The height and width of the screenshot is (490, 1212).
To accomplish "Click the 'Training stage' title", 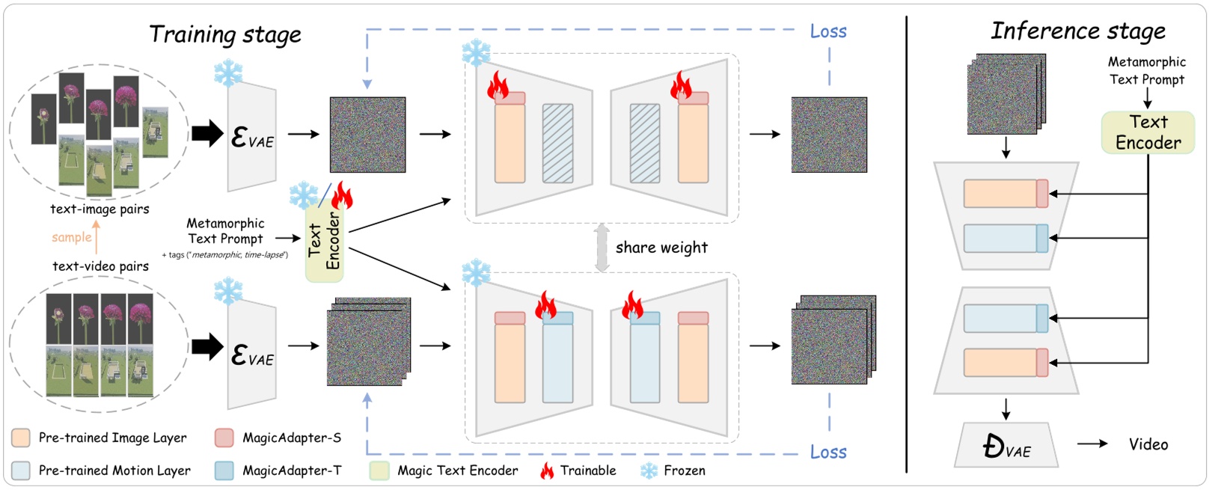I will pos(224,34).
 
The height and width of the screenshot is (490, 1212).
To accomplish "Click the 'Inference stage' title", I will pos(1077,31).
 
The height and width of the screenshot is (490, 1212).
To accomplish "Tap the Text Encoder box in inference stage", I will pos(1148,132).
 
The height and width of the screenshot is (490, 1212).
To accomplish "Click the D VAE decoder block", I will pos(1006,446).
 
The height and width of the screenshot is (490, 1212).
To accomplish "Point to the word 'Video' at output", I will pos(1148,444).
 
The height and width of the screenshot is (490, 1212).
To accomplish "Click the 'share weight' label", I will pos(661,248).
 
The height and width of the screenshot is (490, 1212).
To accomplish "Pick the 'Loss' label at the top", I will pos(828,31).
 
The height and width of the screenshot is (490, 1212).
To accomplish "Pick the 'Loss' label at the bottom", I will pos(828,452).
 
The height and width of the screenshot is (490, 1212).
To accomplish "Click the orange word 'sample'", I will pos(71,238).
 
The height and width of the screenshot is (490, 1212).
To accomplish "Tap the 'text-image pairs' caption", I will pos(100,209).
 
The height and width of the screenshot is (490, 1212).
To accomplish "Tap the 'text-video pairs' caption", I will pos(100,266).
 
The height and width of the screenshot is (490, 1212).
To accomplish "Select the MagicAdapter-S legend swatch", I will pos(224,438).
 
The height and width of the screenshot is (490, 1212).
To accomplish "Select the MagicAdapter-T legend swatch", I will pos(224,471).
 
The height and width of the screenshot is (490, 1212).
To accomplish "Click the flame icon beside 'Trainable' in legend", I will pos(547,471).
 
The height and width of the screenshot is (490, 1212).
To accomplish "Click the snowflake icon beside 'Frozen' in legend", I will pos(649,471).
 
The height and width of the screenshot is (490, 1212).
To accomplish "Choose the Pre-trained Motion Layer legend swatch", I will pos(21,471).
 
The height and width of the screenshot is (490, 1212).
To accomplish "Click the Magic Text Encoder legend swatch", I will pos(379,471).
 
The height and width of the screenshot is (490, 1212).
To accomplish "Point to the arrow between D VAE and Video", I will pos(1092,444).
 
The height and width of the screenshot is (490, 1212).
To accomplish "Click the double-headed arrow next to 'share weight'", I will pos(602,248).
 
